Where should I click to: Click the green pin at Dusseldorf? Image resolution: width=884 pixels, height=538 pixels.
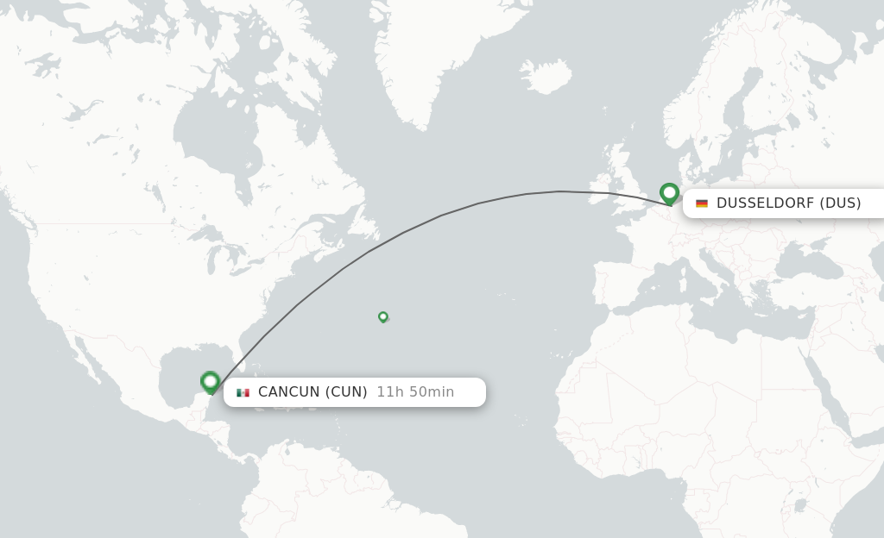669,193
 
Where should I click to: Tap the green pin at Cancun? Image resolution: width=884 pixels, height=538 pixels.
210,381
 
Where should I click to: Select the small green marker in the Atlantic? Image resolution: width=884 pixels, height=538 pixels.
383,316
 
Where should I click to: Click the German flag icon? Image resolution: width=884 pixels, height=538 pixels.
702,203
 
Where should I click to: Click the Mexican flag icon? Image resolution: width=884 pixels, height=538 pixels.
243,392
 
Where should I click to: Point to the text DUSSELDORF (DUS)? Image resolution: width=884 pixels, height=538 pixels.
788,203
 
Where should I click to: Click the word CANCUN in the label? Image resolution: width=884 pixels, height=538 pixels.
288,392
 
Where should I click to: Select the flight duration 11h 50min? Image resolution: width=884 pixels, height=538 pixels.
415,392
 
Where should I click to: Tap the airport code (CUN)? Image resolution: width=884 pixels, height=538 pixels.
346,392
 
